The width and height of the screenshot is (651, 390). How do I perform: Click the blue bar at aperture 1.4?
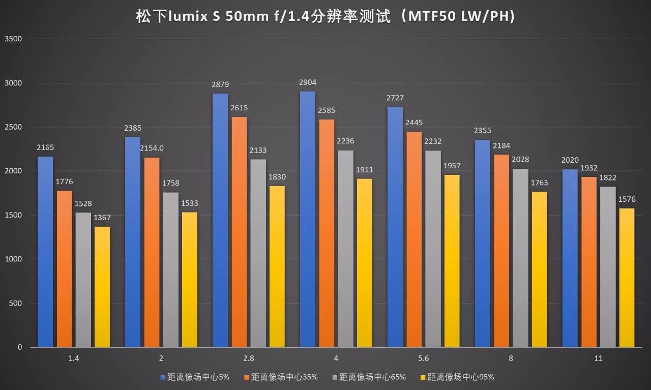45,252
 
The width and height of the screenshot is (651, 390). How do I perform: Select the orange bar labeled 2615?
239,232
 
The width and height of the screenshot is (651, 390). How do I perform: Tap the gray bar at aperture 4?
345,249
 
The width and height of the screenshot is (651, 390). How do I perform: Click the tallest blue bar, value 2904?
307,219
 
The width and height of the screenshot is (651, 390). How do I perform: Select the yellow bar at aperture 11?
627,278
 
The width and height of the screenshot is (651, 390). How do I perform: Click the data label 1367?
102,218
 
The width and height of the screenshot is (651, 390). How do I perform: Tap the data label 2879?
220,84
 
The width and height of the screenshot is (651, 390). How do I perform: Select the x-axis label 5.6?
423,358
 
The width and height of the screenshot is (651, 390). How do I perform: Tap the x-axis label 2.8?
249,358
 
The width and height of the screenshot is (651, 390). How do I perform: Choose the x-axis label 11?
598,358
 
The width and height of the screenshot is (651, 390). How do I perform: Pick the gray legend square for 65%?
334,377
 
